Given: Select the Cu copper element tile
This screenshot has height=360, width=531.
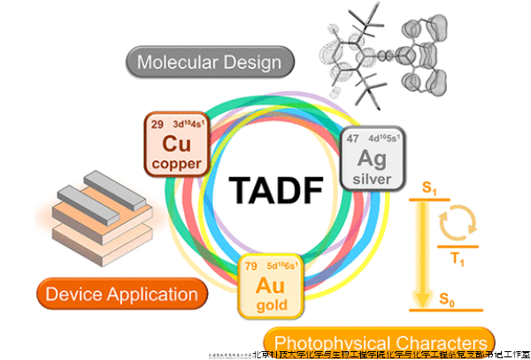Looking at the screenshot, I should point(176,143).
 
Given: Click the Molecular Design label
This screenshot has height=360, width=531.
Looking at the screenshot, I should point(209,62).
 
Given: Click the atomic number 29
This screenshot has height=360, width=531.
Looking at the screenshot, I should point(157,123).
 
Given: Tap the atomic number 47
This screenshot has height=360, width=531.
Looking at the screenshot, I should point(351,138).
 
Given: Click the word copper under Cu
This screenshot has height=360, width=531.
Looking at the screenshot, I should point(177,164).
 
